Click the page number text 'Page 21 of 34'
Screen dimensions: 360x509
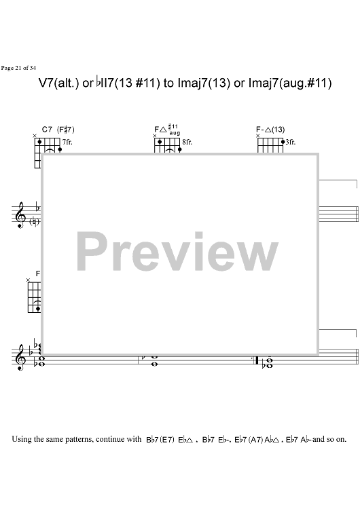[18, 68]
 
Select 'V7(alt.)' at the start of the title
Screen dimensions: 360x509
[59, 83]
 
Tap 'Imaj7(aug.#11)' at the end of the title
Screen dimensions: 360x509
[290, 83]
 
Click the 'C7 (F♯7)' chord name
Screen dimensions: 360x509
[58, 130]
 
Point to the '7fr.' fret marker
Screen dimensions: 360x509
[67, 143]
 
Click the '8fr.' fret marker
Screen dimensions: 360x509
[187, 143]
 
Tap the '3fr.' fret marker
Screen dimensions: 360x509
[291, 143]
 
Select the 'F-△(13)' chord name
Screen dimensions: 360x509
[270, 130]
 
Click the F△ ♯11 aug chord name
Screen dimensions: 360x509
[167, 130]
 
